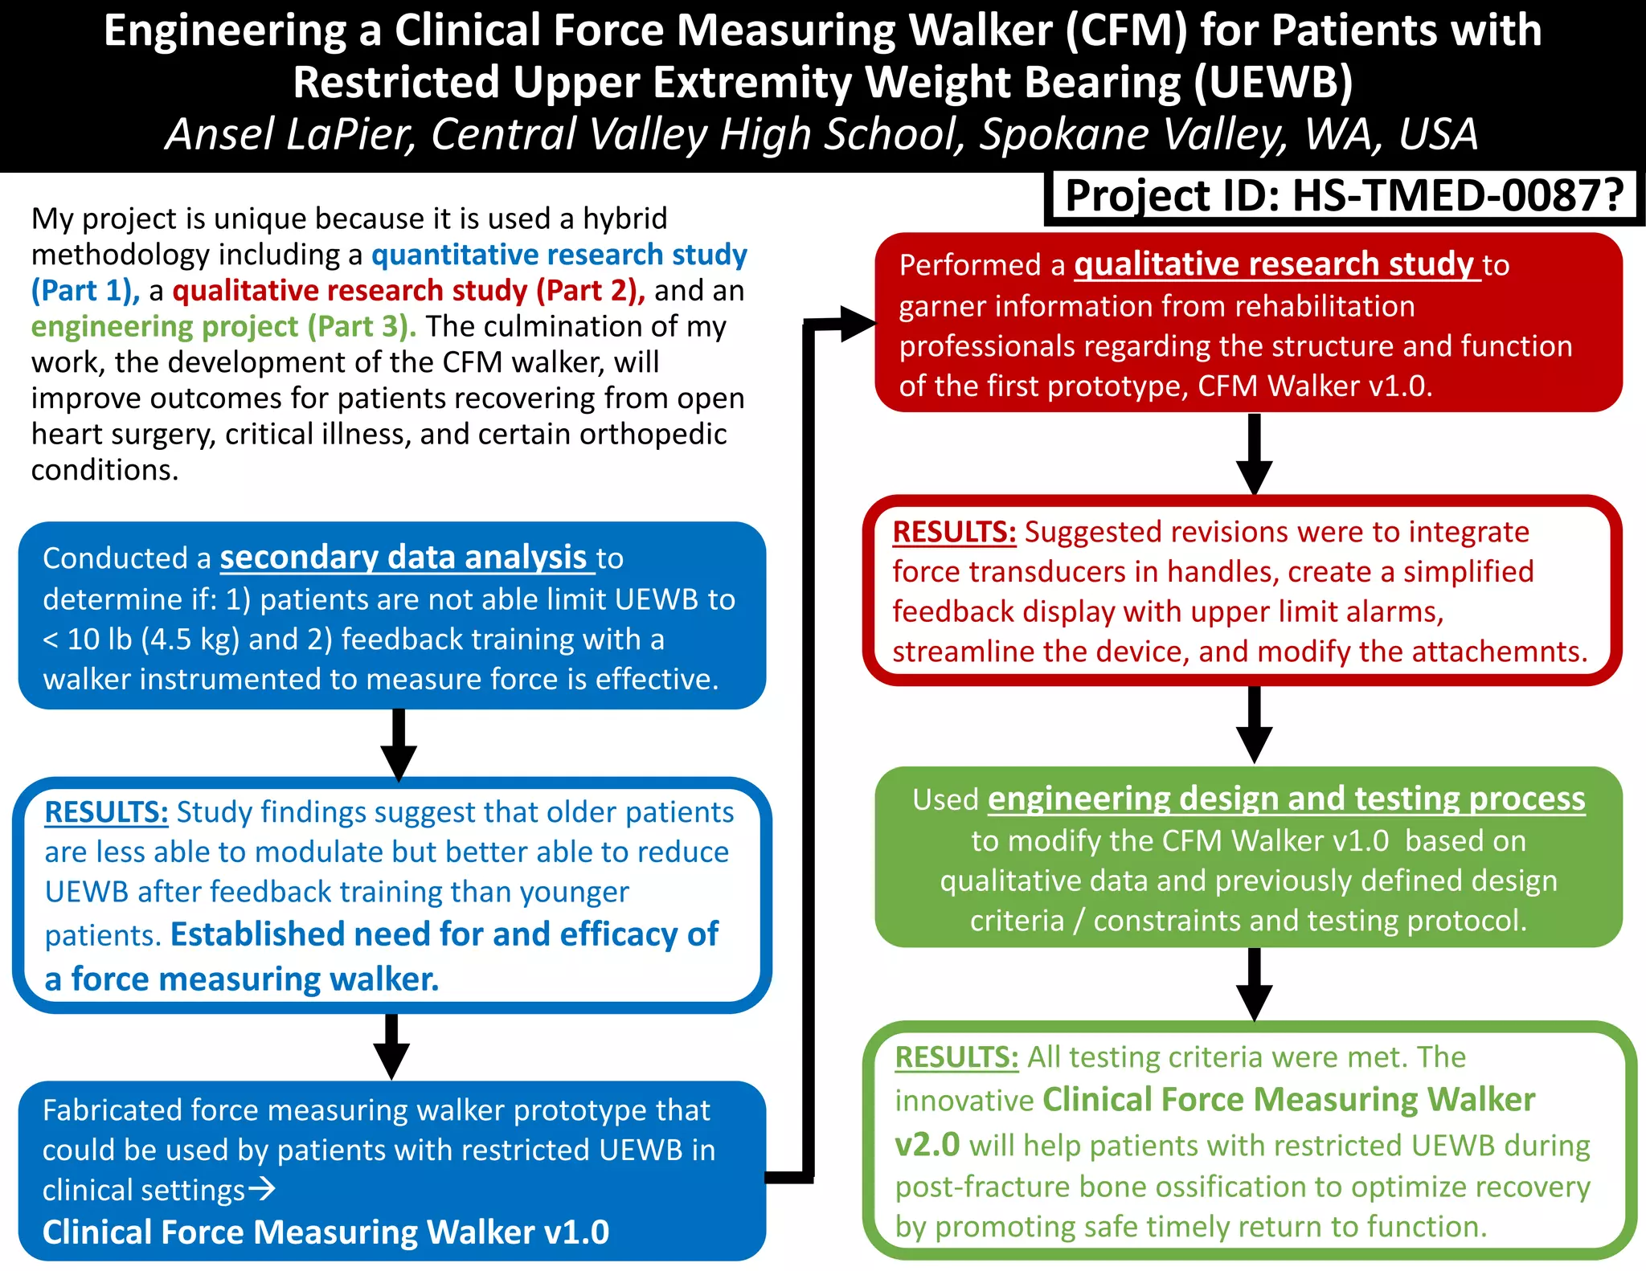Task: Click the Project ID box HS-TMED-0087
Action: click(x=1342, y=196)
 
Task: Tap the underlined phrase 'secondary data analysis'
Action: click(x=403, y=557)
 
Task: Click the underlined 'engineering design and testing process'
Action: click(x=1286, y=799)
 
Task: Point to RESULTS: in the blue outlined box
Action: click(x=106, y=812)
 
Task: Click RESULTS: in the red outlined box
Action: click(x=954, y=532)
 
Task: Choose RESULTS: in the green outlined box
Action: click(x=956, y=1057)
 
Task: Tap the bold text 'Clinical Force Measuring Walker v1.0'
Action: click(x=326, y=1232)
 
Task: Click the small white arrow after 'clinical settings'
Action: click(x=262, y=1188)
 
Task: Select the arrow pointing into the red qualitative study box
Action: click(x=852, y=323)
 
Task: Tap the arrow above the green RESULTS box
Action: click(x=1254, y=985)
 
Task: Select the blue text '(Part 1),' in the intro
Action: click(x=85, y=290)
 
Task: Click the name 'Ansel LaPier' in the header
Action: click(x=289, y=134)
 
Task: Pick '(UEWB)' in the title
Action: click(x=1273, y=83)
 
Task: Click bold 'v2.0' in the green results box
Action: click(x=927, y=1144)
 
